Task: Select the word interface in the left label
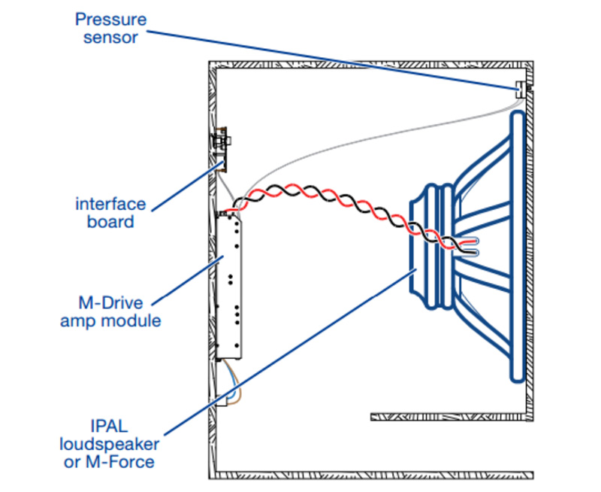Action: pos(110,203)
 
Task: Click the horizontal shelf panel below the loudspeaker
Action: pos(451,415)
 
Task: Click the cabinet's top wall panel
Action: pos(372,65)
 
